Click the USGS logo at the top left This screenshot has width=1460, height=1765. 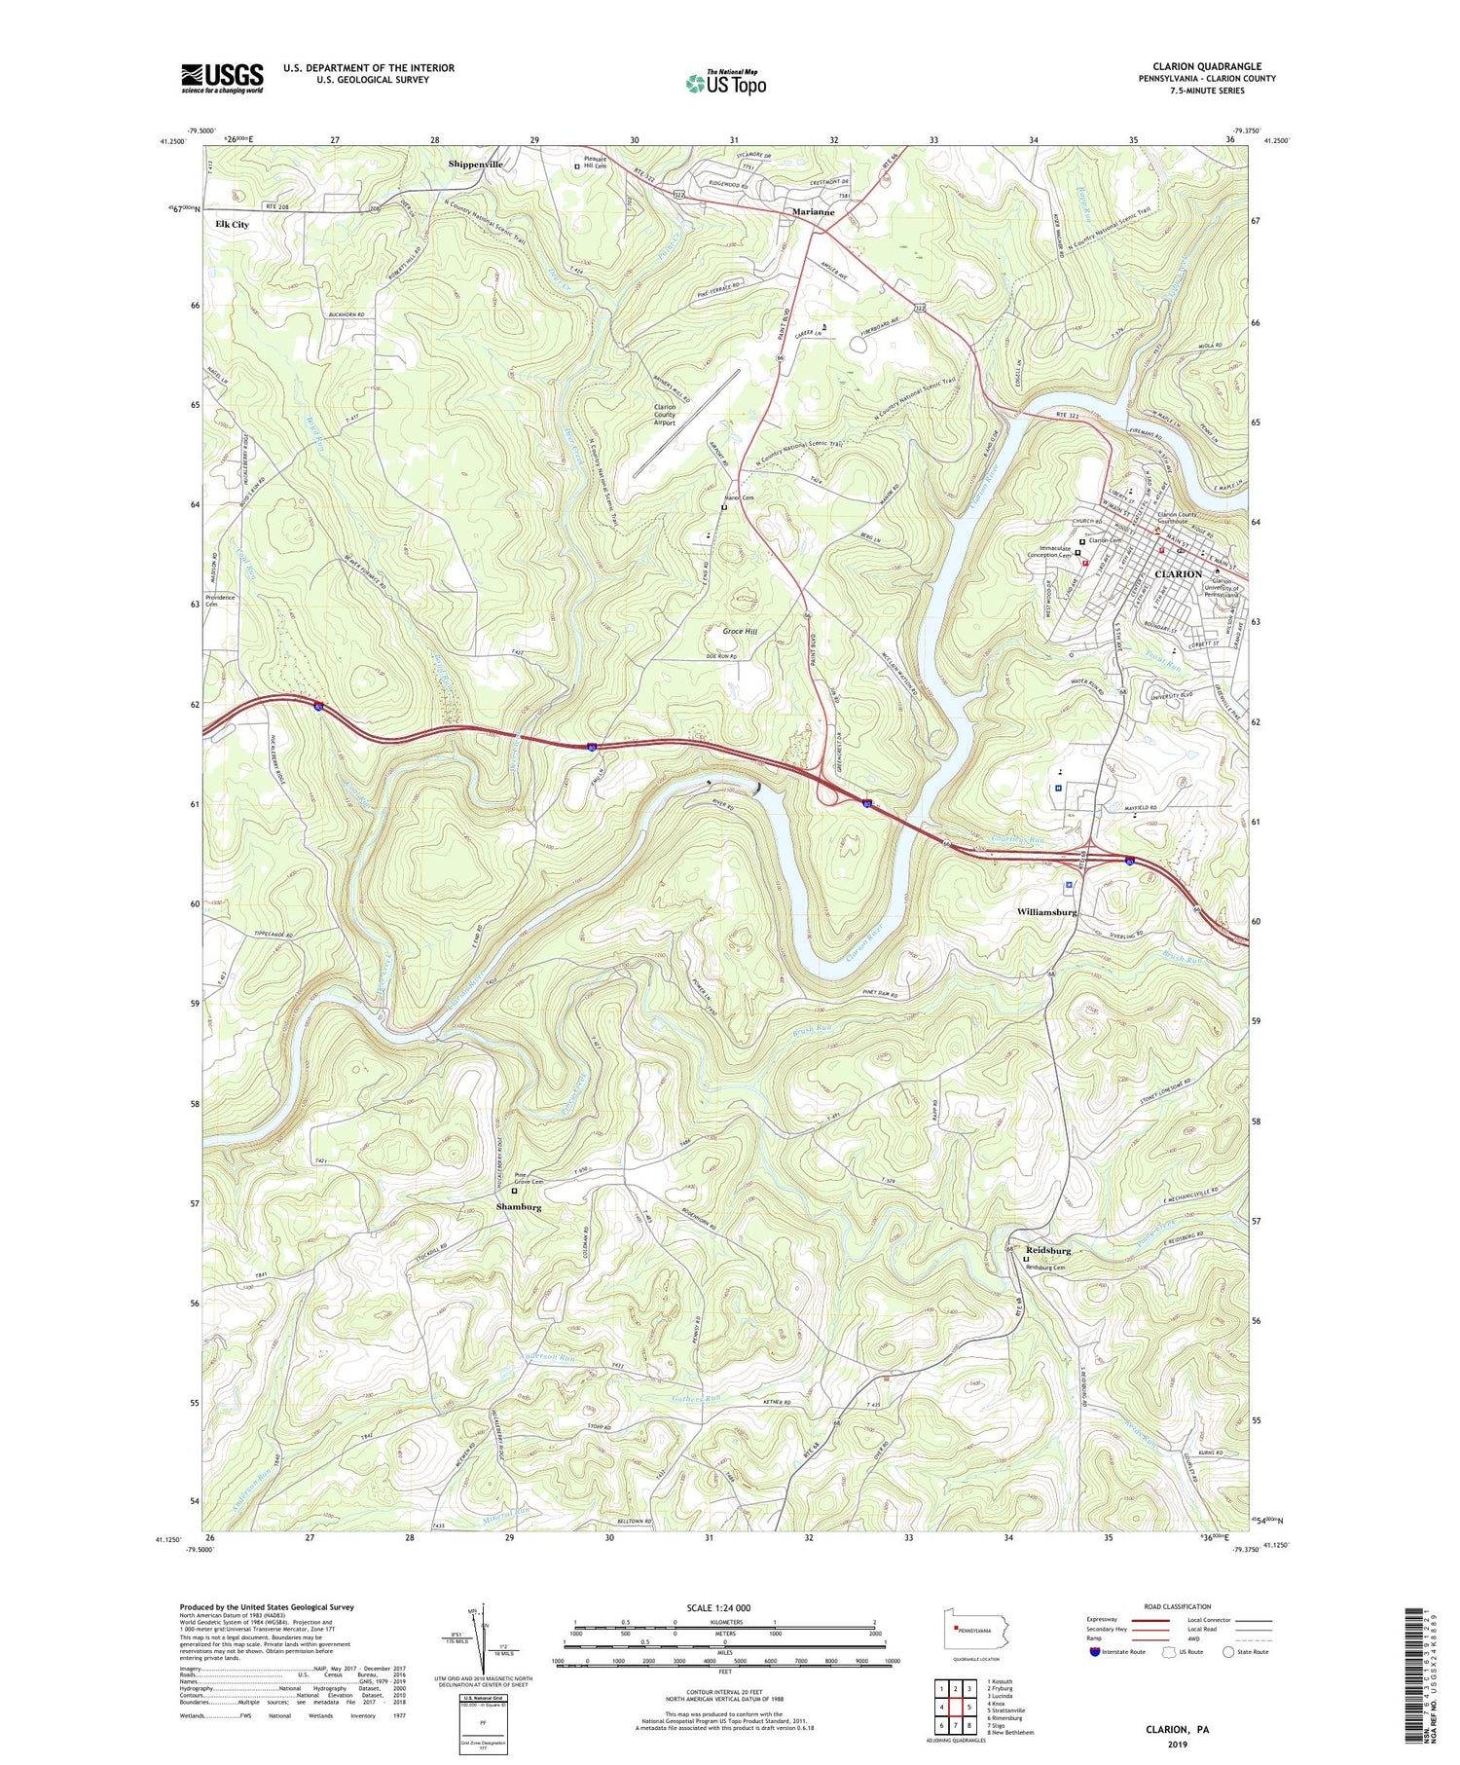tap(222, 78)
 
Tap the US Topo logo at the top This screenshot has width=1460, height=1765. tap(725, 84)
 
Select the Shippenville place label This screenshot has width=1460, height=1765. tap(475, 165)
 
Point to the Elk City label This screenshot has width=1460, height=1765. tap(232, 224)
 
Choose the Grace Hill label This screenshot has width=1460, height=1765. tap(740, 631)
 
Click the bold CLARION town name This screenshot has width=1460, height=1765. tap(1177, 574)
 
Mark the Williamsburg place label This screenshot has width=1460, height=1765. tap(1046, 912)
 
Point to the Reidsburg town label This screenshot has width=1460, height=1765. tap(1047, 1250)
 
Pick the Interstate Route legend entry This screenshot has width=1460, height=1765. tap(1119, 1652)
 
